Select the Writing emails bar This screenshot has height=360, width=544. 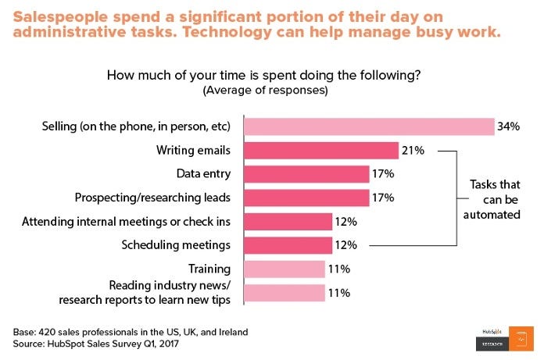click(321, 151)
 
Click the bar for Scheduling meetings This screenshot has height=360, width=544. click(288, 245)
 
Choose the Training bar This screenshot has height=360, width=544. click(284, 269)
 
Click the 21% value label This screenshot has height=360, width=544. click(414, 151)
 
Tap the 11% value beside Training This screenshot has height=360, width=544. click(339, 269)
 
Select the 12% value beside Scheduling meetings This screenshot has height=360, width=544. click(346, 245)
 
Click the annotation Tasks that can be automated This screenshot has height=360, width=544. click(495, 198)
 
